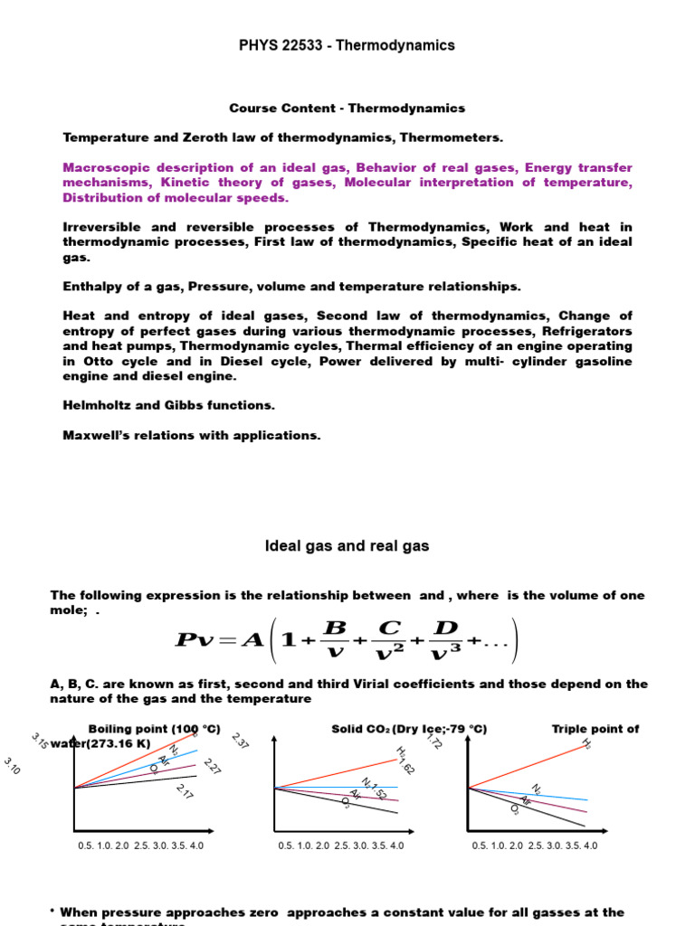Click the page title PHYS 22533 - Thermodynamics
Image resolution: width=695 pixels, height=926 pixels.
tap(347, 45)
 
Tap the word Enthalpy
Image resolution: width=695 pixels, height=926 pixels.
tap(90, 287)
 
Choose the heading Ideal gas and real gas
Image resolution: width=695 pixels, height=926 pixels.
tap(347, 546)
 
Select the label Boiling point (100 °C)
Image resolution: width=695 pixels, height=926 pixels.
tap(155, 729)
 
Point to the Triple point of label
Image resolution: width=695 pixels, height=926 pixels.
tap(595, 729)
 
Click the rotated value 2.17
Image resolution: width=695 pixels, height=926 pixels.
tap(185, 793)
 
